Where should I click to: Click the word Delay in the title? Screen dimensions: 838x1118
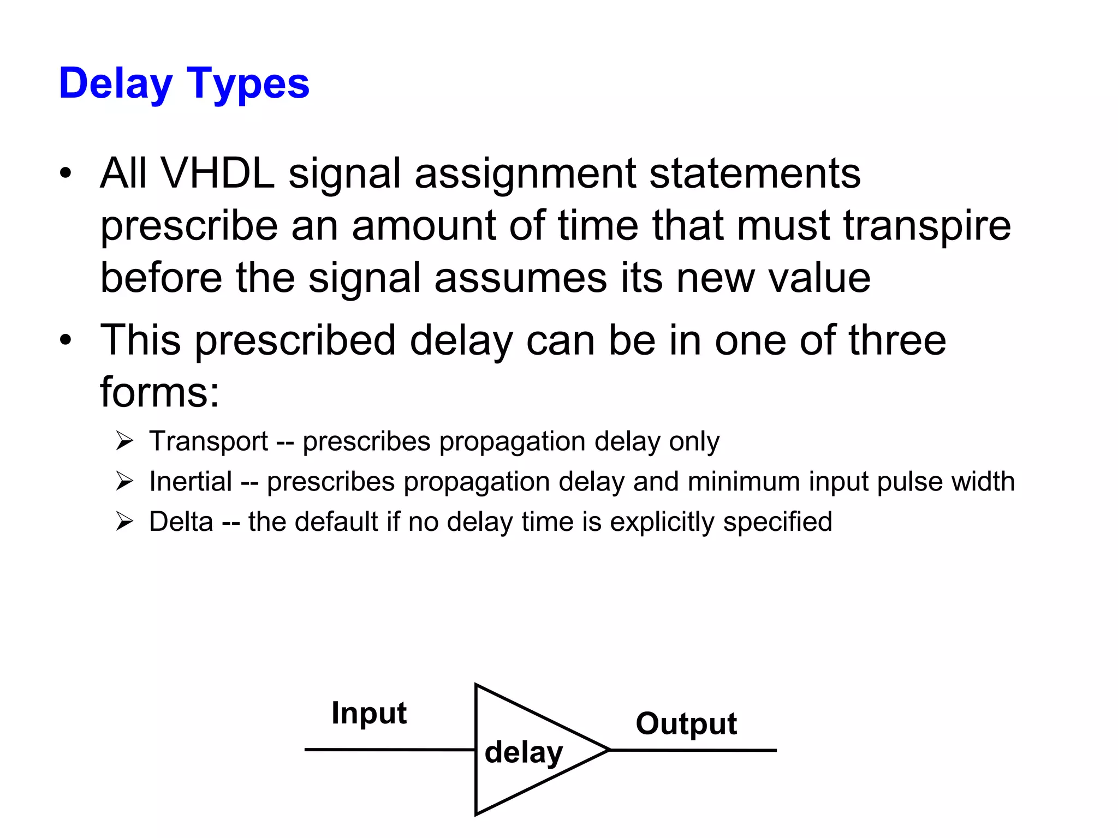[x=115, y=84]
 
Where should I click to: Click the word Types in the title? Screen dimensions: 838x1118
[x=248, y=84]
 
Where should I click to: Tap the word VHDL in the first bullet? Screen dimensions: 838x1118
[x=218, y=173]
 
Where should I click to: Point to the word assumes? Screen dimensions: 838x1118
[x=520, y=278]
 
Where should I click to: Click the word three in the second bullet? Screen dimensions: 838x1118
[x=897, y=340]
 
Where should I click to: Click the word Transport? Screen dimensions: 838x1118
[x=209, y=441]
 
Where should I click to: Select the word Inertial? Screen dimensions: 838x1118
[x=191, y=482]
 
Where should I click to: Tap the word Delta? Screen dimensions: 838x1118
[x=181, y=522]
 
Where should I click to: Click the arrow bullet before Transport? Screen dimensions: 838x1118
[x=124, y=441]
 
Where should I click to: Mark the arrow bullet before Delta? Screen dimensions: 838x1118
[x=124, y=522]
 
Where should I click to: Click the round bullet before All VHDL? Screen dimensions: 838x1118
[x=66, y=173]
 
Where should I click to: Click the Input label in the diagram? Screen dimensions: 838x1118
[x=369, y=713]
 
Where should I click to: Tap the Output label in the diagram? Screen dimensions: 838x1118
[x=686, y=724]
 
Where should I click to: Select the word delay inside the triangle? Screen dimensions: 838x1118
[x=524, y=753]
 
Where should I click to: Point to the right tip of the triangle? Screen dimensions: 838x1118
[x=608, y=750]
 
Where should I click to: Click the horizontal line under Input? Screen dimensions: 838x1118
[x=389, y=750]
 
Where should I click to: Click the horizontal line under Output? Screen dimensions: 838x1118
[x=693, y=750]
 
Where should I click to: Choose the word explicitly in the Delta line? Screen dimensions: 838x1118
[x=662, y=522]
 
